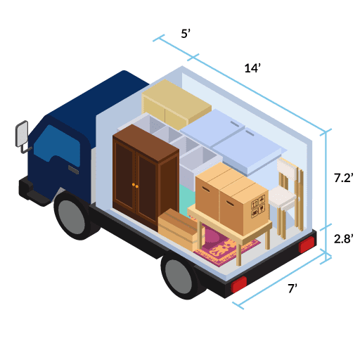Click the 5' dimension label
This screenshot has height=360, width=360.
(x=186, y=34)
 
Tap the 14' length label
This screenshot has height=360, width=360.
(x=252, y=68)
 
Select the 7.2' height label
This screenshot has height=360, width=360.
(x=343, y=178)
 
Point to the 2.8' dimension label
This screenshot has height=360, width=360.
(x=343, y=239)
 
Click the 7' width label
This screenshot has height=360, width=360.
(x=292, y=288)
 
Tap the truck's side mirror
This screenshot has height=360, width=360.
(x=22, y=134)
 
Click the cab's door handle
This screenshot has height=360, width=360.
(x=73, y=169)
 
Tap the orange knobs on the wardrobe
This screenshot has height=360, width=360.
(x=135, y=186)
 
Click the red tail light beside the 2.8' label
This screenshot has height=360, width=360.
(x=307, y=245)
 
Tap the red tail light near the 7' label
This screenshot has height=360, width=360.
(x=239, y=285)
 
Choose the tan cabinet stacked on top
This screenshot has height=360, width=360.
(x=176, y=105)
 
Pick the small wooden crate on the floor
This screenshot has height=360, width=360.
(x=178, y=230)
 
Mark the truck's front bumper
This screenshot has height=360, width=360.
(x=35, y=192)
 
